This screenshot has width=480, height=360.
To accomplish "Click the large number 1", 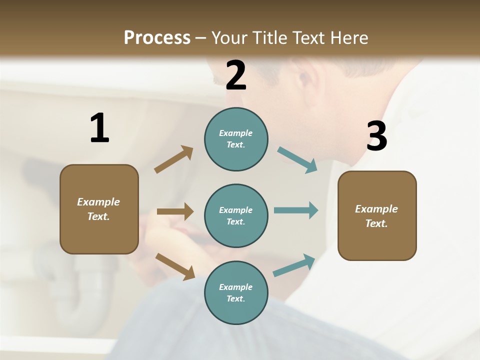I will [99, 128].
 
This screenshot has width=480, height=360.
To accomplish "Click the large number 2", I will [236, 75].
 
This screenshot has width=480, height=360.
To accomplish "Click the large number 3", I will [376, 136].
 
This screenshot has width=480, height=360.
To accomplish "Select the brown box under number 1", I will [99, 209].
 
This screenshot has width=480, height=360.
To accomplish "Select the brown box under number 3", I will [377, 215].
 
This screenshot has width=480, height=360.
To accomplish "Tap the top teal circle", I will [236, 139].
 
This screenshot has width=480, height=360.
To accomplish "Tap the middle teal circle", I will [236, 215].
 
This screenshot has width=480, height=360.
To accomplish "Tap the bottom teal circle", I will [236, 292].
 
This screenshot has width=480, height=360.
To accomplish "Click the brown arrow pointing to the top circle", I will [174, 159].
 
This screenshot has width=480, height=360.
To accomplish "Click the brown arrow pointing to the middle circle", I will [175, 211].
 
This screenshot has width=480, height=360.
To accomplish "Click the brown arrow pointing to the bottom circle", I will [175, 266].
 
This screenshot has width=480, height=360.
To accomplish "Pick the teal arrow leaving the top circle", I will [297, 160].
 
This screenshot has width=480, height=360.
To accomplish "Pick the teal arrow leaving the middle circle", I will [296, 210].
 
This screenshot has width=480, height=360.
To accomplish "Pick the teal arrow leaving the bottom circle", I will [294, 265].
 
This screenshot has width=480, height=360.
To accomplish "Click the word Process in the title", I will [157, 37].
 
